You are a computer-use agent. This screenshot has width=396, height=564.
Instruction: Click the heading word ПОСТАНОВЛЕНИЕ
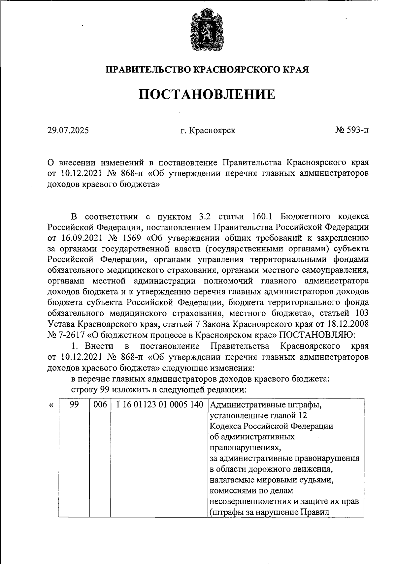tap(207, 95)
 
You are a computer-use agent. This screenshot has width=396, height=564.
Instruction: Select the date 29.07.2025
tap(68, 131)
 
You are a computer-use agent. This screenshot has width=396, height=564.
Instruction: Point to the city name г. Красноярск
tap(208, 131)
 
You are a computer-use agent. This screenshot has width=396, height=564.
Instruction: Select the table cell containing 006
tap(100, 405)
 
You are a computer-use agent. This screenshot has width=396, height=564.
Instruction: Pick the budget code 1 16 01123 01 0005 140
tap(159, 405)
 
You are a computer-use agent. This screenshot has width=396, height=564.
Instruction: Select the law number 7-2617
tap(70, 335)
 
